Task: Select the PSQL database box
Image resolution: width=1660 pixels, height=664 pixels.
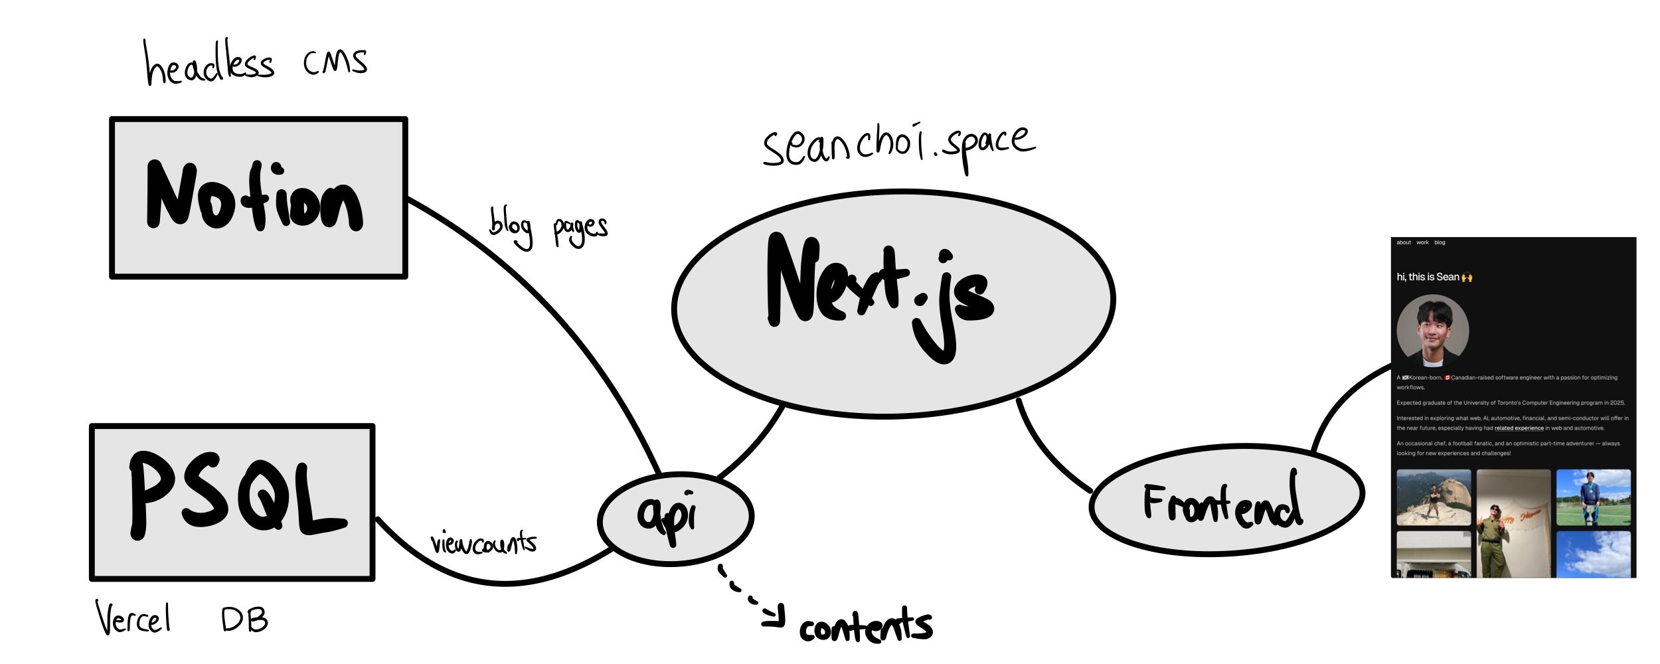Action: (232, 502)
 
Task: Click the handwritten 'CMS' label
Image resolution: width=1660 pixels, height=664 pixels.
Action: (335, 62)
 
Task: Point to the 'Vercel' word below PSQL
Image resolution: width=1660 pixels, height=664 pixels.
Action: (133, 619)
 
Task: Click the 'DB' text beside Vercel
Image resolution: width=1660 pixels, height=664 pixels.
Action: (244, 620)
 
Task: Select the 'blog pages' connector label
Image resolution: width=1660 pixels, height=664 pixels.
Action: (548, 228)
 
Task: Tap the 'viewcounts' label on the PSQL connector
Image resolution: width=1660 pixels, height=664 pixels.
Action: (483, 542)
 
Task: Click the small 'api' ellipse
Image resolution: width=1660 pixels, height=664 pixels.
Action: (675, 519)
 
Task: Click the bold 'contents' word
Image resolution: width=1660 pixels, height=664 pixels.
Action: (865, 626)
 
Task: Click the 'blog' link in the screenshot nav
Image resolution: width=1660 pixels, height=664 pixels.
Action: (1440, 242)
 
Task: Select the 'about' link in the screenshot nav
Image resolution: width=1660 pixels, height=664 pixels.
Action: (1404, 242)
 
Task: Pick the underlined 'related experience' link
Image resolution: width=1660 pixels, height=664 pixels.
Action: (1519, 428)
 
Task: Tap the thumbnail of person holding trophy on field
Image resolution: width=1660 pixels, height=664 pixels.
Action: (1593, 497)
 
